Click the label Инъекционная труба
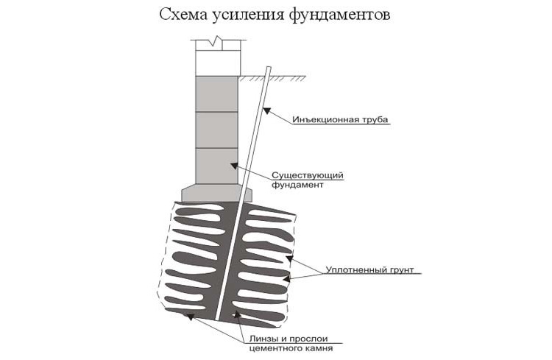pyautogui.click(x=340, y=119)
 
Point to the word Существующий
pyautogui.click(x=308, y=175)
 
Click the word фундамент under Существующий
pyautogui.click(x=297, y=185)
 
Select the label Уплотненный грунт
pyautogui.click(x=369, y=270)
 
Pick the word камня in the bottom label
pyautogui.click(x=319, y=348)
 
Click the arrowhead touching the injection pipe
pyautogui.click(x=267, y=110)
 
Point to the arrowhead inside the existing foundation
pyautogui.click(x=234, y=166)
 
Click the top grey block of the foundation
pyautogui.click(x=216, y=94)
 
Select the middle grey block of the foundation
pyautogui.click(x=216, y=130)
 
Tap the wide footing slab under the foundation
pyautogui.click(x=217, y=193)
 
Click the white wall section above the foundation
pyautogui.click(x=218, y=63)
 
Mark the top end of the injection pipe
pyautogui.click(x=269, y=67)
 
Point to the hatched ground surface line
pyautogui.click(x=272, y=77)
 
